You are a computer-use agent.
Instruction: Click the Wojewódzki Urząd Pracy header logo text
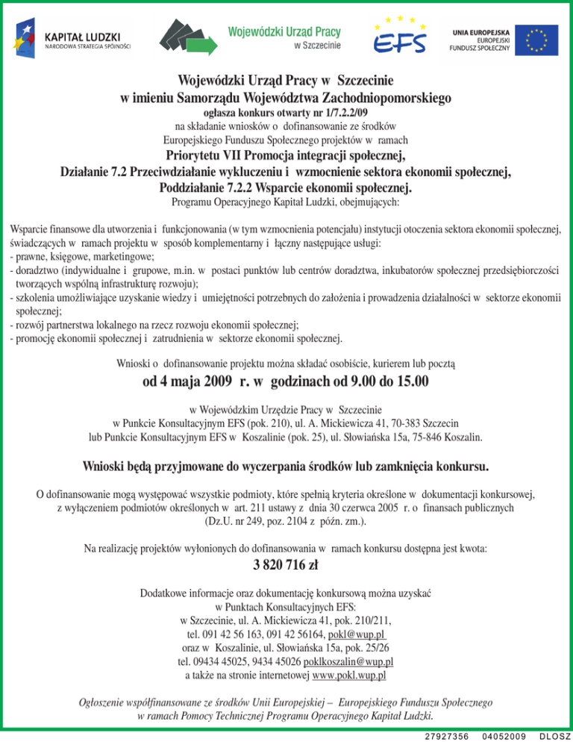tap(284, 33)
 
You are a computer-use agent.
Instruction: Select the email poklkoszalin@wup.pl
tap(349, 661)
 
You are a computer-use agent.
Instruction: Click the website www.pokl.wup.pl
tap(349, 676)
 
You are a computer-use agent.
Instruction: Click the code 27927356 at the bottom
tap(446, 736)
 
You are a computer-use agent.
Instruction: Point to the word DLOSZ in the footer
tap(554, 736)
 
